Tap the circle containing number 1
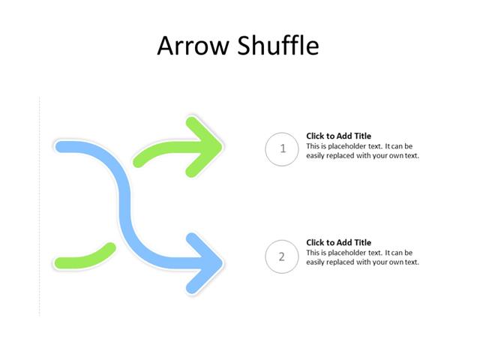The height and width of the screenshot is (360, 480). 283,148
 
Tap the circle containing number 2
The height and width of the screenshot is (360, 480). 283,257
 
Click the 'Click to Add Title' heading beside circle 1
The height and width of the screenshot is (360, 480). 338,136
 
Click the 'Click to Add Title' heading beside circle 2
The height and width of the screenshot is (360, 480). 338,243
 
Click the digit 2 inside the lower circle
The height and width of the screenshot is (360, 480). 283,257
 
